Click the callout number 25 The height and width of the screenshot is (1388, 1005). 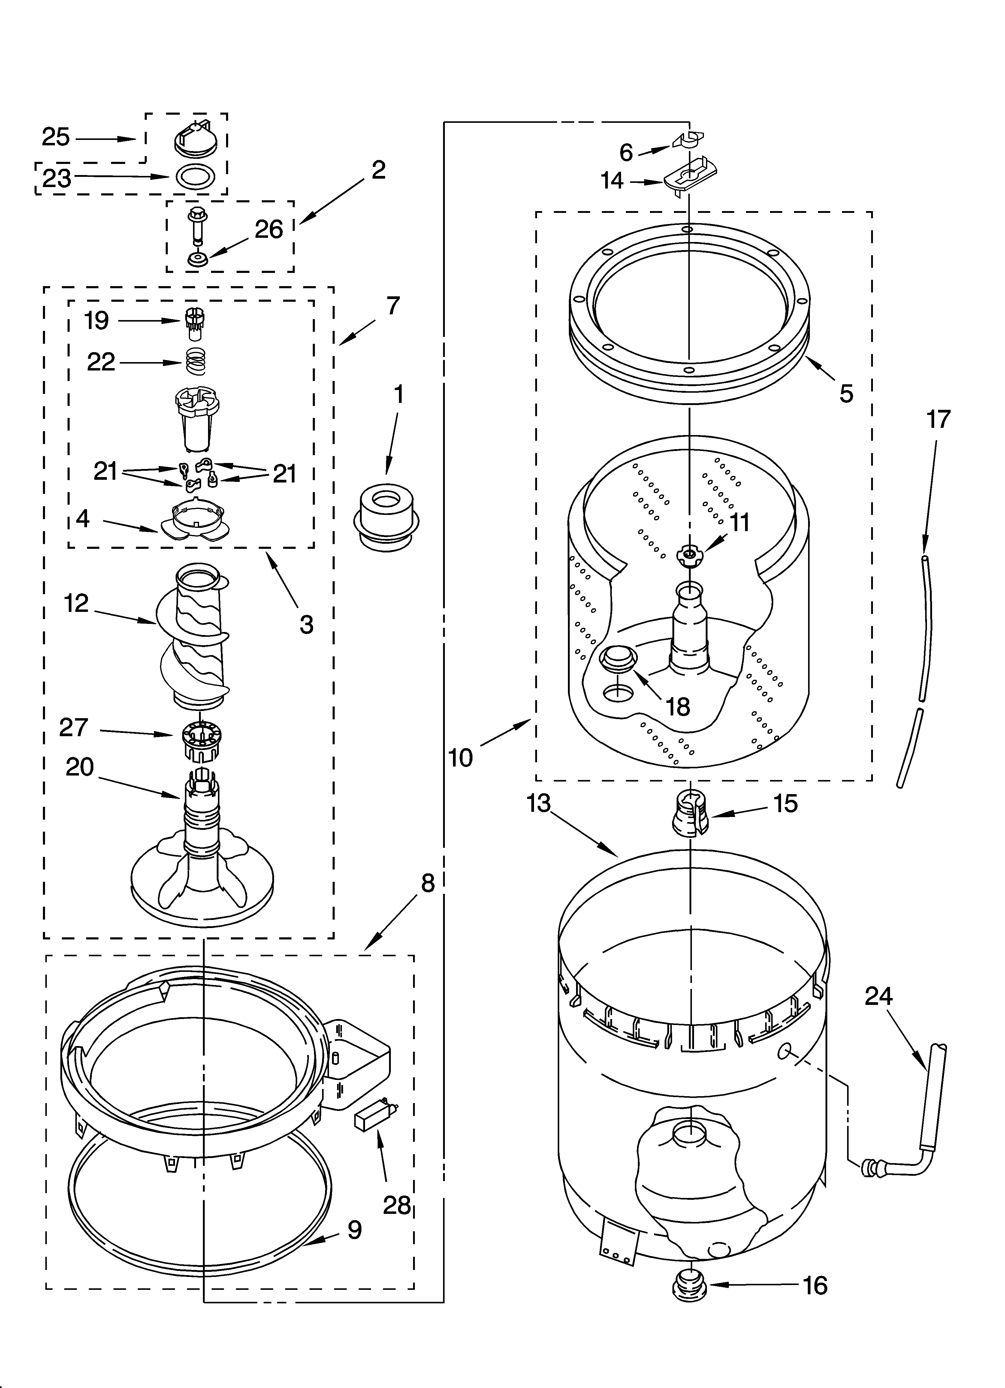coord(56,137)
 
